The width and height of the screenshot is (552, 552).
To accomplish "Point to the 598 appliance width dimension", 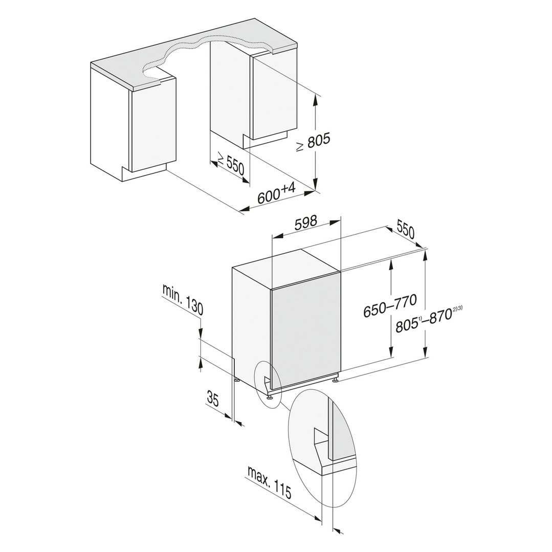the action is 305,223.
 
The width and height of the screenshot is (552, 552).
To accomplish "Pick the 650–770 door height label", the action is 390,305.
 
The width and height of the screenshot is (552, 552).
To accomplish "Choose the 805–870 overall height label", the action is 424,321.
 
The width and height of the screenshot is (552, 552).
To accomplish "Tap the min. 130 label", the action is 183,299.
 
